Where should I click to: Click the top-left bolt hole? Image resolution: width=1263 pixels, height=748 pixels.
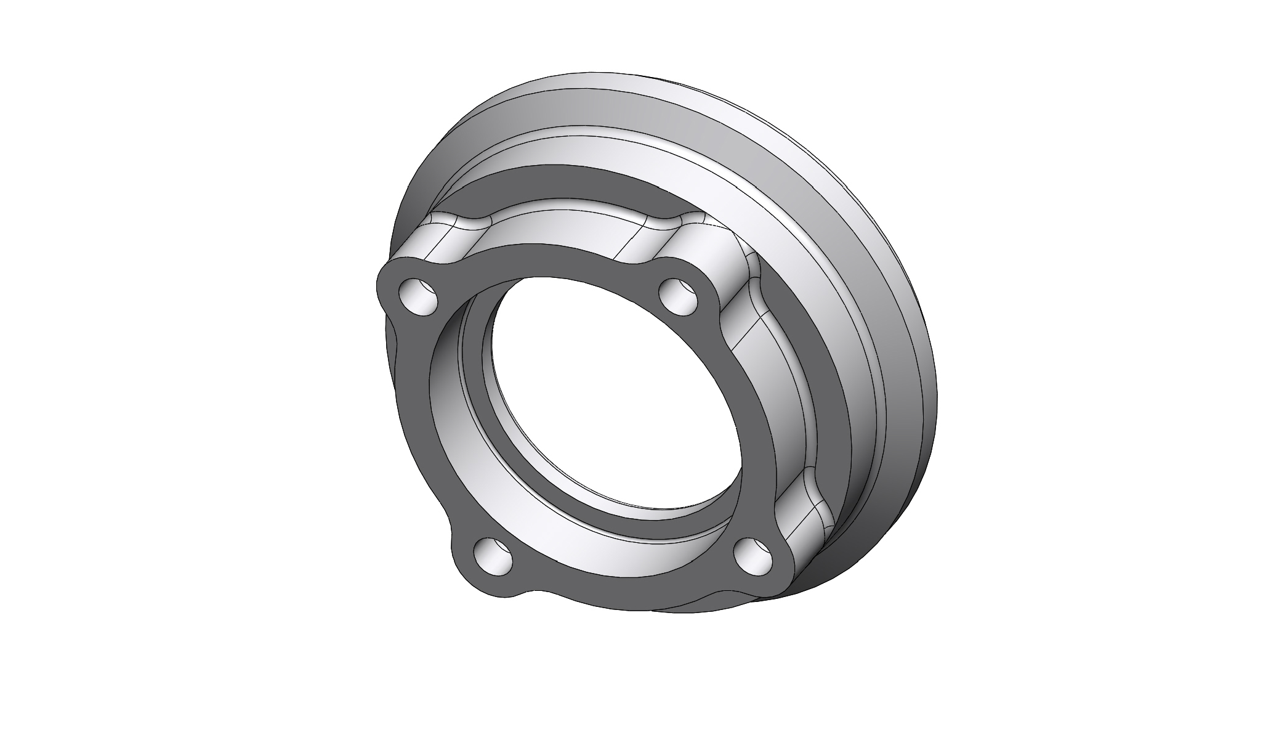pyautogui.click(x=419, y=296)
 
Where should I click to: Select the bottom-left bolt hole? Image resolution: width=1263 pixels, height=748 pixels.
pyautogui.click(x=493, y=556)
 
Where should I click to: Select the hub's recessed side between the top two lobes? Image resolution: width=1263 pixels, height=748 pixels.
pyautogui.click(x=567, y=228)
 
